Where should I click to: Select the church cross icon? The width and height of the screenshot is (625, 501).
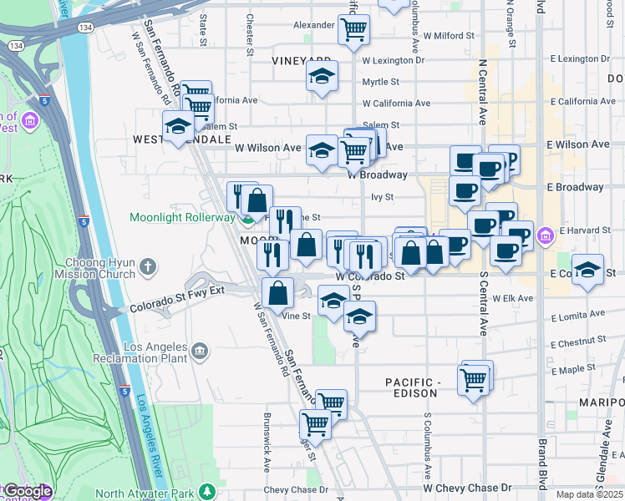pyautogui.click(x=148, y=267)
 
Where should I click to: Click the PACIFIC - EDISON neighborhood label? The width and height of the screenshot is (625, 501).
pyautogui.click(x=412, y=387)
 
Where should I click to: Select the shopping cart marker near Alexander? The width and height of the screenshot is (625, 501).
pyautogui.click(x=353, y=30)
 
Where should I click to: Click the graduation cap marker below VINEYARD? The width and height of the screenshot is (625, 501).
pyautogui.click(x=322, y=77)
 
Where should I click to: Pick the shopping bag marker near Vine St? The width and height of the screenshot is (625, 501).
pyautogui.click(x=278, y=293)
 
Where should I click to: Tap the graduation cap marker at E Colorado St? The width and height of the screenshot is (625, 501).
pyautogui.click(x=589, y=271)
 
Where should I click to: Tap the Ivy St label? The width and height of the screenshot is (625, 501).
pyautogui.click(x=382, y=197)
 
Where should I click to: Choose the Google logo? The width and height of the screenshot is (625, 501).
pyautogui.click(x=27, y=491)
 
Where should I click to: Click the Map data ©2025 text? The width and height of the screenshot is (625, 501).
pyautogui.click(x=590, y=494)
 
